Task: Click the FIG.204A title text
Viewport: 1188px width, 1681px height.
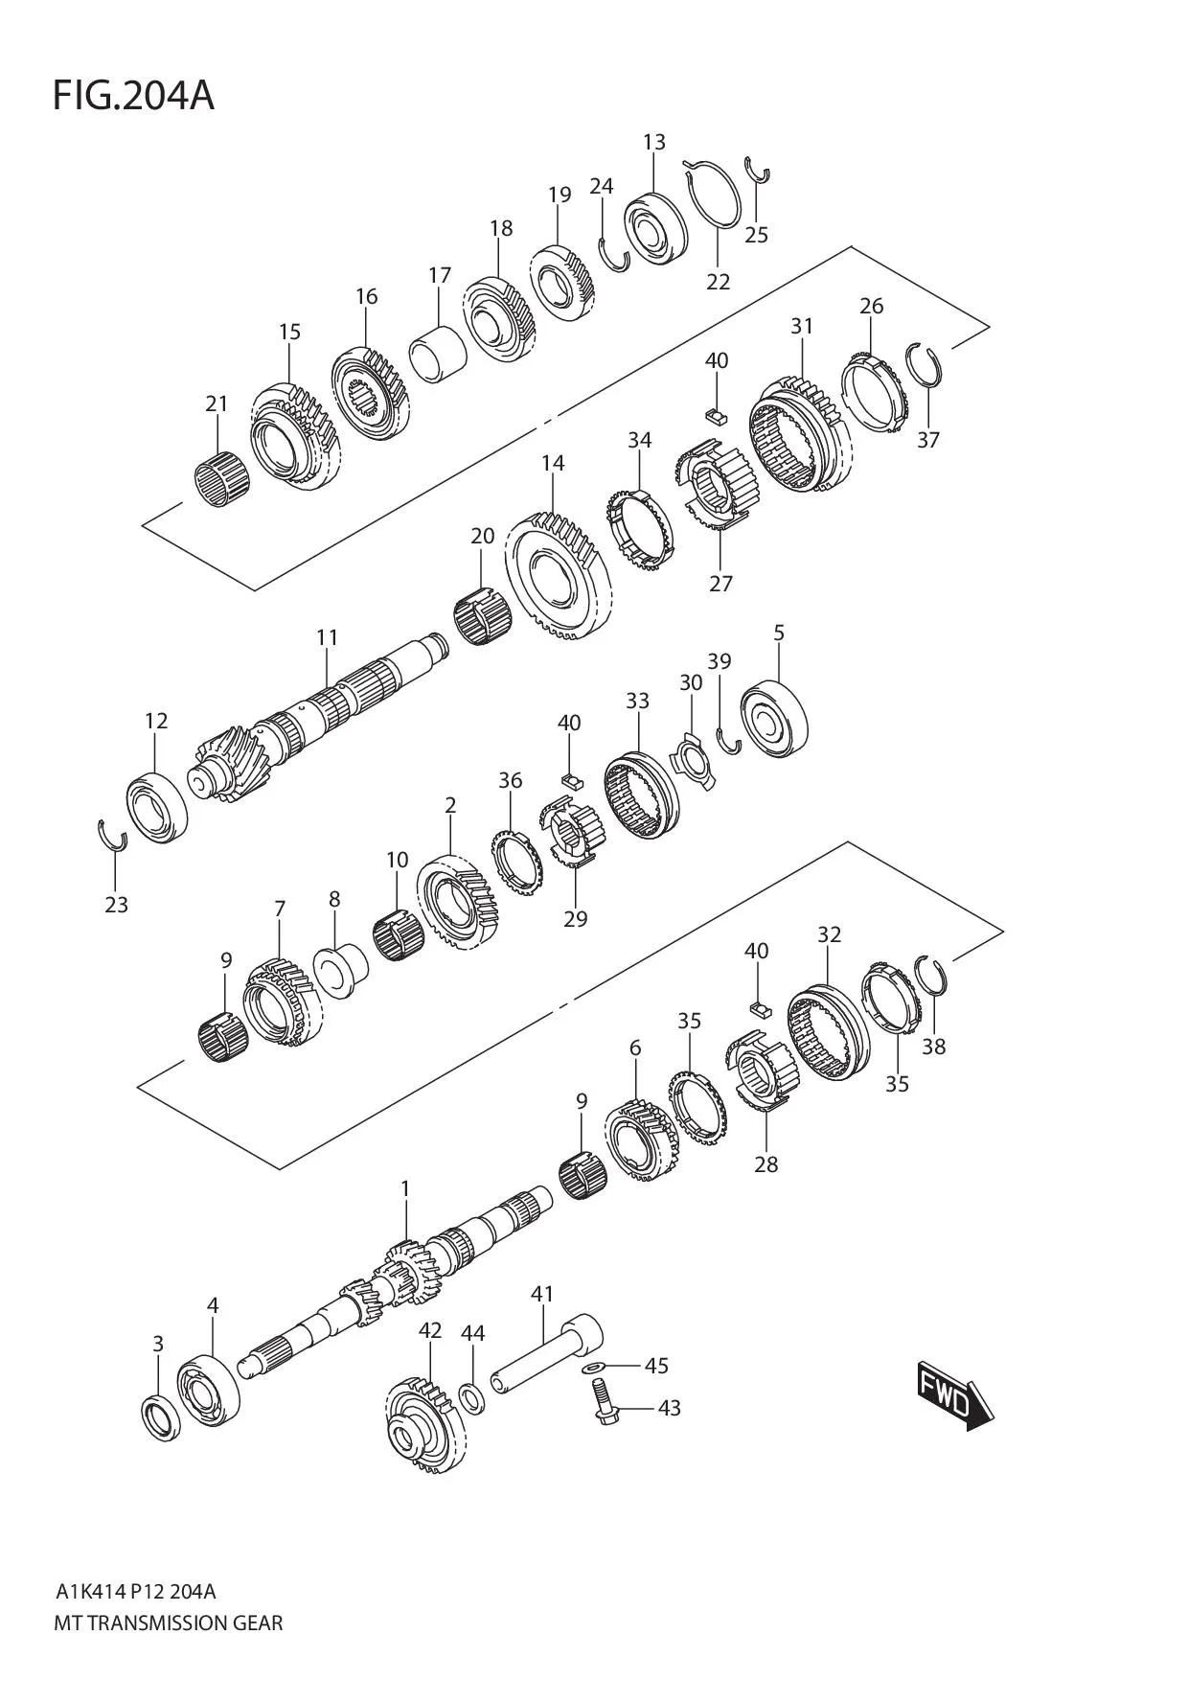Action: pyautogui.click(x=133, y=96)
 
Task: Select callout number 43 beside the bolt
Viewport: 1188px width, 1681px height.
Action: pyautogui.click(x=670, y=1408)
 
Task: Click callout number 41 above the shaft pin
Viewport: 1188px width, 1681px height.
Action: pyautogui.click(x=542, y=1294)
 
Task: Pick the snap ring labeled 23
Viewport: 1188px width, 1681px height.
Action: pyautogui.click(x=113, y=835)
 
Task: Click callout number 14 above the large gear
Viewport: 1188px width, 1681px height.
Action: pyautogui.click(x=553, y=463)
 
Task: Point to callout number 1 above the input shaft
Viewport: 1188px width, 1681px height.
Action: pyautogui.click(x=405, y=1188)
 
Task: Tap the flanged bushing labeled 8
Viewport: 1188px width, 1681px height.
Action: pyautogui.click(x=338, y=971)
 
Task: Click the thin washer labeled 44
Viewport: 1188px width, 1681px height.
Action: pyautogui.click(x=472, y=1398)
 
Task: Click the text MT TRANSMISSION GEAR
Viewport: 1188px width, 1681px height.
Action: pyautogui.click(x=170, y=1623)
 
